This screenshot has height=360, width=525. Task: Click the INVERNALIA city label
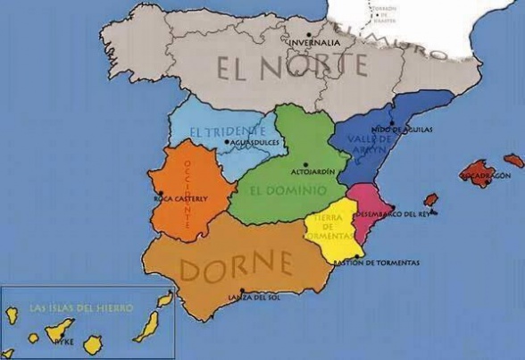click(312, 42)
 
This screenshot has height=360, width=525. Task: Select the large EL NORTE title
click(291, 66)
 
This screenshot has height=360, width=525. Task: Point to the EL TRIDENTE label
click(228, 132)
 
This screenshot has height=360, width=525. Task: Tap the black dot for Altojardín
click(305, 163)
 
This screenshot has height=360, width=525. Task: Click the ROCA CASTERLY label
click(182, 198)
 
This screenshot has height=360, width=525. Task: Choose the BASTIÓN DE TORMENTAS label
click(375, 263)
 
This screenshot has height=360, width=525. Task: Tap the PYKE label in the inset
click(63, 340)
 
